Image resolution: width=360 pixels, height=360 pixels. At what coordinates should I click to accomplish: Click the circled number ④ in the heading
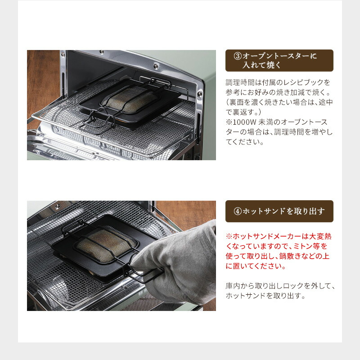click(238, 211)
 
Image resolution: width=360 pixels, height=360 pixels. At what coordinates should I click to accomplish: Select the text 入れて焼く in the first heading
click(262, 66)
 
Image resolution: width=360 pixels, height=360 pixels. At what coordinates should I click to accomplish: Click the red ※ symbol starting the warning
click(229, 236)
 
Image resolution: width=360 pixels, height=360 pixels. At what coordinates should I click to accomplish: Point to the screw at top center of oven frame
click(155, 66)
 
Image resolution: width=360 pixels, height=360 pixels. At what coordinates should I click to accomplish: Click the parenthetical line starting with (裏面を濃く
click(279, 102)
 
